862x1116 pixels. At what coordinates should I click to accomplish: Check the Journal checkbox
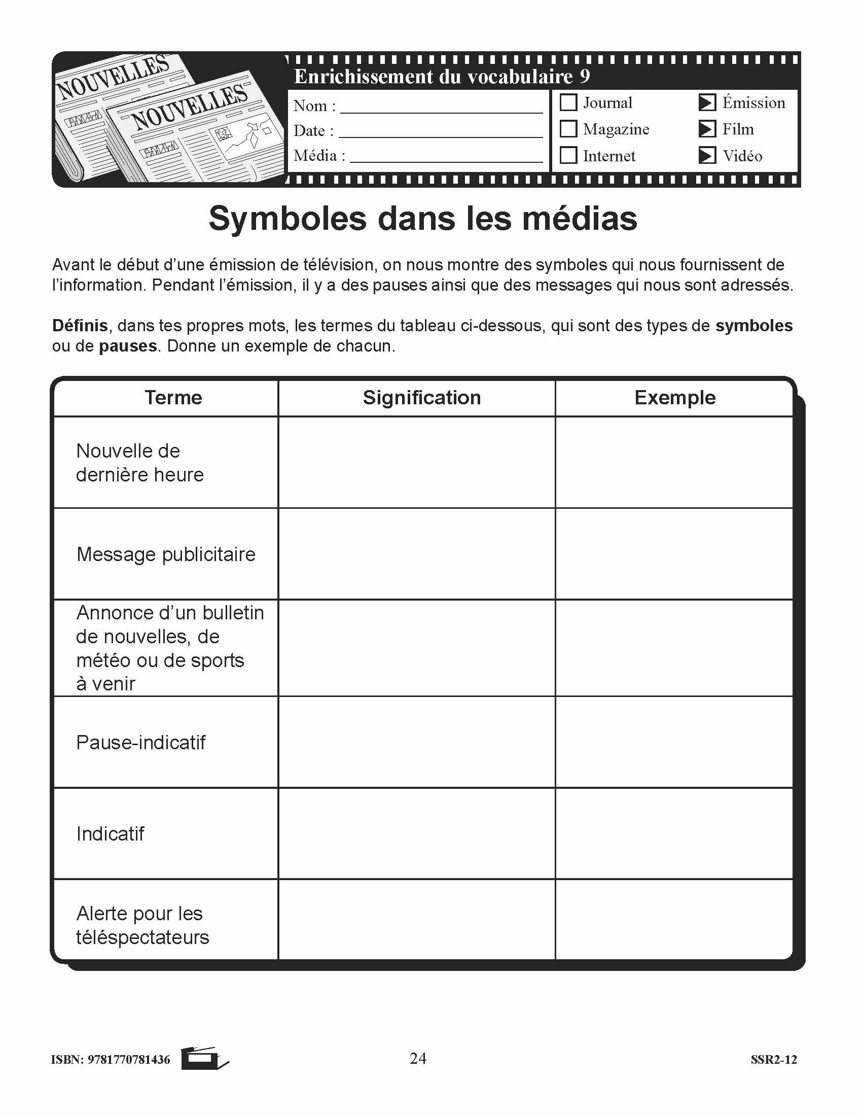[x=568, y=102]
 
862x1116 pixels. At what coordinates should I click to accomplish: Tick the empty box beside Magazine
[x=568, y=129]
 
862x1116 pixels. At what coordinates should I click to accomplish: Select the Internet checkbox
[x=568, y=155]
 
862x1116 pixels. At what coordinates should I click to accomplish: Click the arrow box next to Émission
[x=707, y=102]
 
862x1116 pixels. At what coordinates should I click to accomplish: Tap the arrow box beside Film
[x=707, y=129]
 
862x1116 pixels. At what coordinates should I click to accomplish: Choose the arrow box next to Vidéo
[x=707, y=155]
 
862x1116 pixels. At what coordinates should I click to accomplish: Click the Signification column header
[x=422, y=398]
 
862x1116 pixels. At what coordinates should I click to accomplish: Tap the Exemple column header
[x=674, y=398]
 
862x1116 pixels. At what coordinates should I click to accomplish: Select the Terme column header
[x=173, y=398]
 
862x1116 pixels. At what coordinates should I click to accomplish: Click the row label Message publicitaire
[x=166, y=554]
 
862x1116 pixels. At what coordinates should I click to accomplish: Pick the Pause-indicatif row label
[x=140, y=743]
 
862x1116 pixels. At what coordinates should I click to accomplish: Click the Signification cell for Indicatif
[x=417, y=833]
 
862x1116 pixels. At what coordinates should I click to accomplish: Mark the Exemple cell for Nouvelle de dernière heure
[x=674, y=463]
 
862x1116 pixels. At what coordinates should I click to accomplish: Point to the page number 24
[x=418, y=1058]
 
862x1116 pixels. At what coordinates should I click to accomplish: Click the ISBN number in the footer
[x=129, y=1060]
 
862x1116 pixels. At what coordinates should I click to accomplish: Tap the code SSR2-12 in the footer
[x=774, y=1060]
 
